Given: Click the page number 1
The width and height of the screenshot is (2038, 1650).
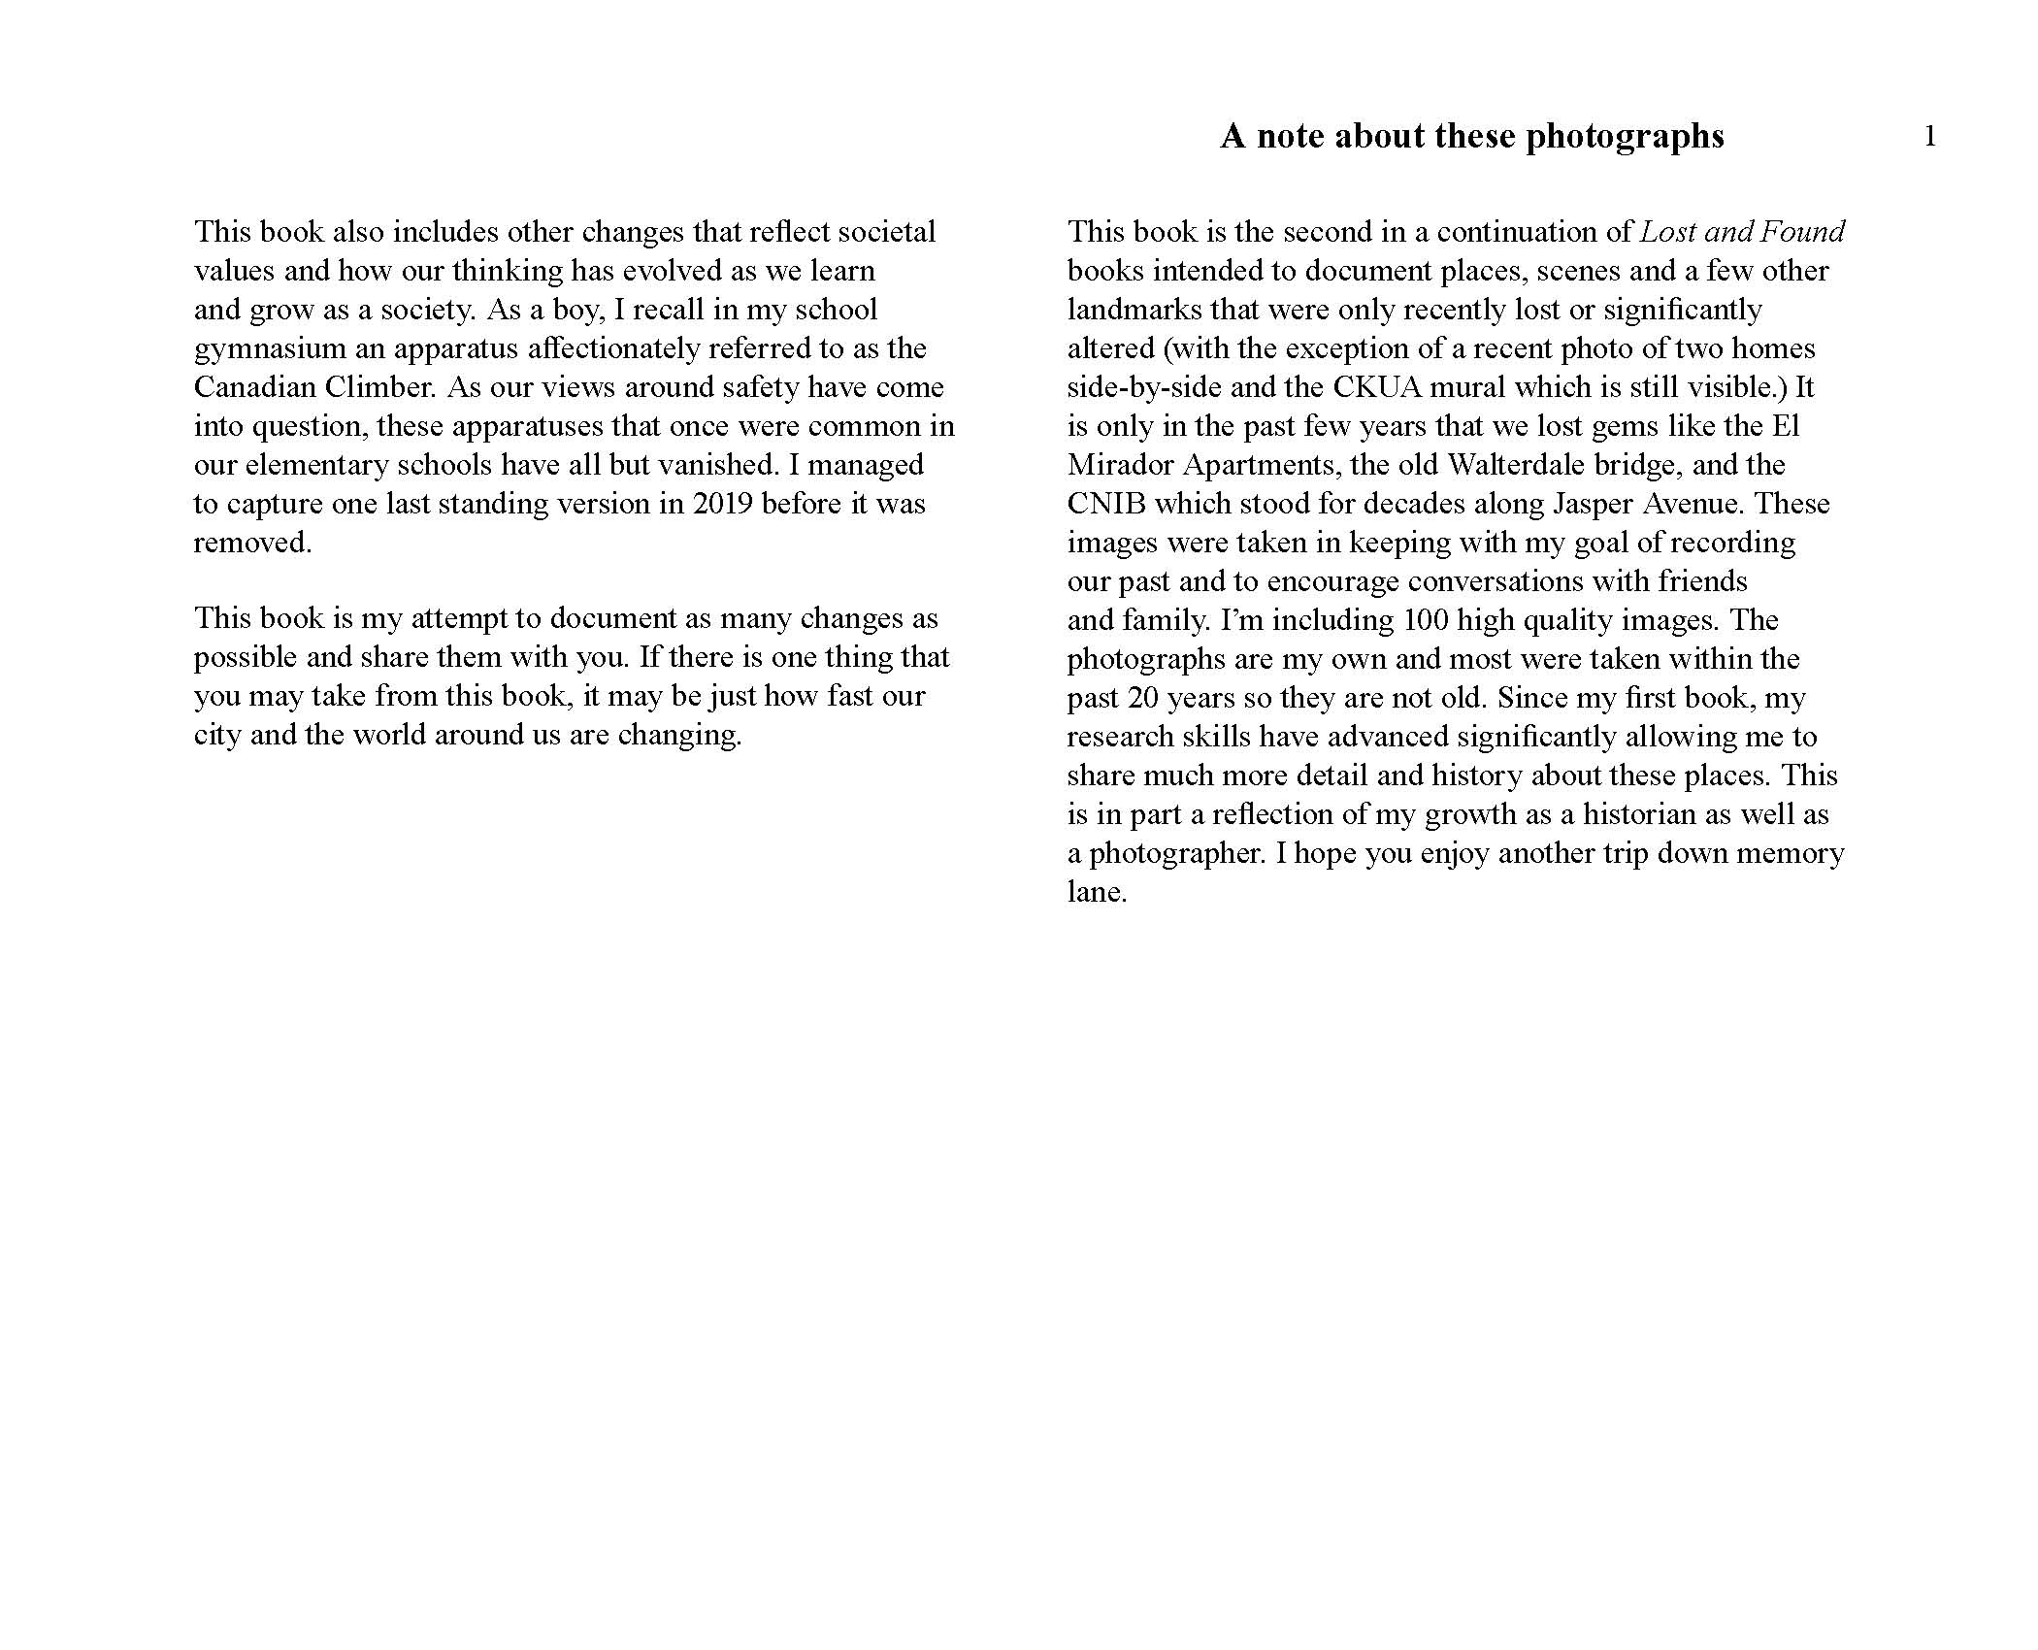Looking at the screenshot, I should tap(1929, 137).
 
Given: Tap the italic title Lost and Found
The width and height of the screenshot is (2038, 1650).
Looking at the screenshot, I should tap(1742, 232).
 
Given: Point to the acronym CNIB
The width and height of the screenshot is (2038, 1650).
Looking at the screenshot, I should tap(1106, 504).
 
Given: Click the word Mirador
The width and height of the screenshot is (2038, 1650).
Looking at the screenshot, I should tap(1121, 465).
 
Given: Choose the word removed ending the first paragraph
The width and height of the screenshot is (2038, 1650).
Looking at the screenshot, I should tap(252, 543).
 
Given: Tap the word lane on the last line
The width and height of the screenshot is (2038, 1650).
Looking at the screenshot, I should tap(1097, 892).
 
